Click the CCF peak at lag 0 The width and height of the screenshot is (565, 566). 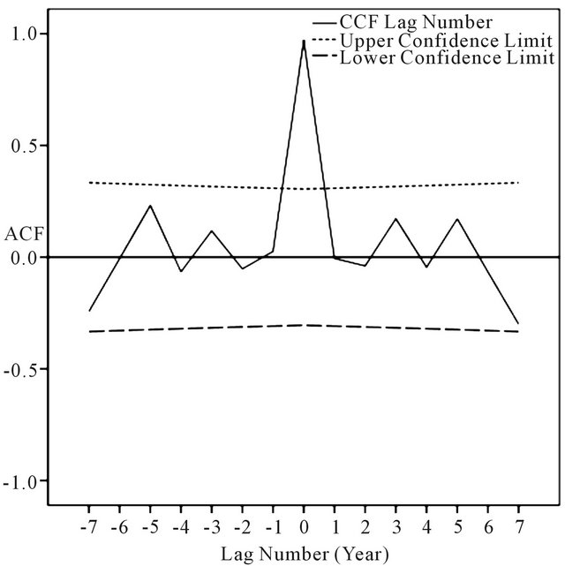[304, 41]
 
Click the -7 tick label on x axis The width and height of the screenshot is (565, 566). [88, 526]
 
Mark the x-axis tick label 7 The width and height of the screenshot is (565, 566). [518, 526]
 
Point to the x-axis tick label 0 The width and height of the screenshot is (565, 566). [304, 526]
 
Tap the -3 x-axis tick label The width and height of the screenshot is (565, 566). [210, 526]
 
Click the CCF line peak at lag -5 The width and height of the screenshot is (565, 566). [151, 206]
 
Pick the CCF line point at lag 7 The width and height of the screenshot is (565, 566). [518, 324]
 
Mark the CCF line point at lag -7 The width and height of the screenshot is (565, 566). [89, 311]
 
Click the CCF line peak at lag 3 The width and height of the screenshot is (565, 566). [395, 218]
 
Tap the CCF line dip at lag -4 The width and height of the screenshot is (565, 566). [181, 271]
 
